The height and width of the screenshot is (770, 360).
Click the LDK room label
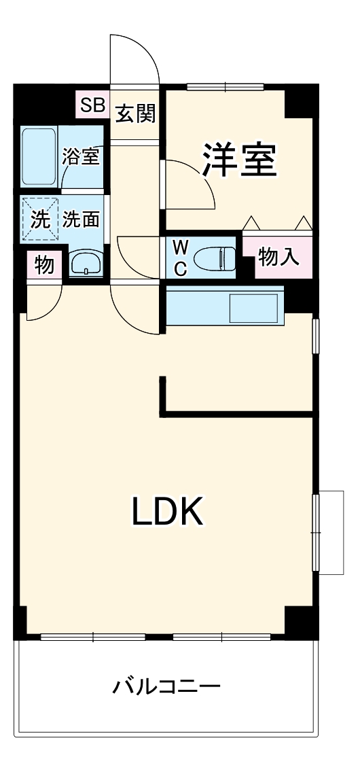pos(167,512)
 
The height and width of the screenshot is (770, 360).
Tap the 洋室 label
pos(239,160)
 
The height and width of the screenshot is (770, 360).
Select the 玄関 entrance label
pos(134,113)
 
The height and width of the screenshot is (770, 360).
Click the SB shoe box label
pos(92,105)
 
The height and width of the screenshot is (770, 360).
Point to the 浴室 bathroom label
pos(82,156)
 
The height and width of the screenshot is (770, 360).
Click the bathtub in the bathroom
pos(39,156)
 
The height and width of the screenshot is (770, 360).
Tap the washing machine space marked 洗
pos(40,220)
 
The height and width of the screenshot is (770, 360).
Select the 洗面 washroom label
pos(82,220)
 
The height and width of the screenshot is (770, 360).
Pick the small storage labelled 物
pos(44,265)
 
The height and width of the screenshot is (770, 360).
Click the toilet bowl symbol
pos(214,258)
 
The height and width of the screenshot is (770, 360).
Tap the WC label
pos(180,258)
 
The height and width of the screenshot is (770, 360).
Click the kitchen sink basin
pos(254,309)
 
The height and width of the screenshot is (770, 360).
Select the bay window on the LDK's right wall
pos(329,531)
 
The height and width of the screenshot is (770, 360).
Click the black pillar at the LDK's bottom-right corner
pos(300,620)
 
